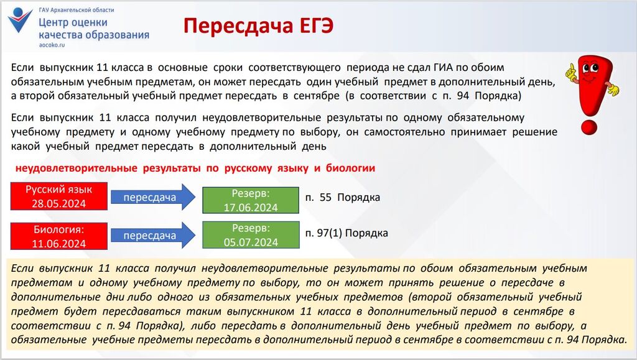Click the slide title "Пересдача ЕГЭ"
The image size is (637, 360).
(258, 26)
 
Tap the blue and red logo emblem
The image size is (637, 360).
(20, 19)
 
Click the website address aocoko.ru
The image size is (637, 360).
(52, 45)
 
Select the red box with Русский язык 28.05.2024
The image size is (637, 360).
(59, 196)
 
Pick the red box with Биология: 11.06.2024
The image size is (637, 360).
(59, 236)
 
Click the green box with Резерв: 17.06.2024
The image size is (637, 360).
(251, 200)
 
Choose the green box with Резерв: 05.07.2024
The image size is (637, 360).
(251, 235)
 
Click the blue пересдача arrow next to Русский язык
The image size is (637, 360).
(153, 197)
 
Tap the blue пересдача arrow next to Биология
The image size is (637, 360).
(153, 236)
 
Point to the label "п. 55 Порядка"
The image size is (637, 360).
(343, 198)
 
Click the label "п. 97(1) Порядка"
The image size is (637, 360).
(346, 233)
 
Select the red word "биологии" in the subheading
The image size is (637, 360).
(350, 168)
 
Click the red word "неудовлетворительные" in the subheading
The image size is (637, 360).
(77, 168)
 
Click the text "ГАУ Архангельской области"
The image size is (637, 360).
(77, 10)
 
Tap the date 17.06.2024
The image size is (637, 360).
(251, 208)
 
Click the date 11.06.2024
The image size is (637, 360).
(59, 244)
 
